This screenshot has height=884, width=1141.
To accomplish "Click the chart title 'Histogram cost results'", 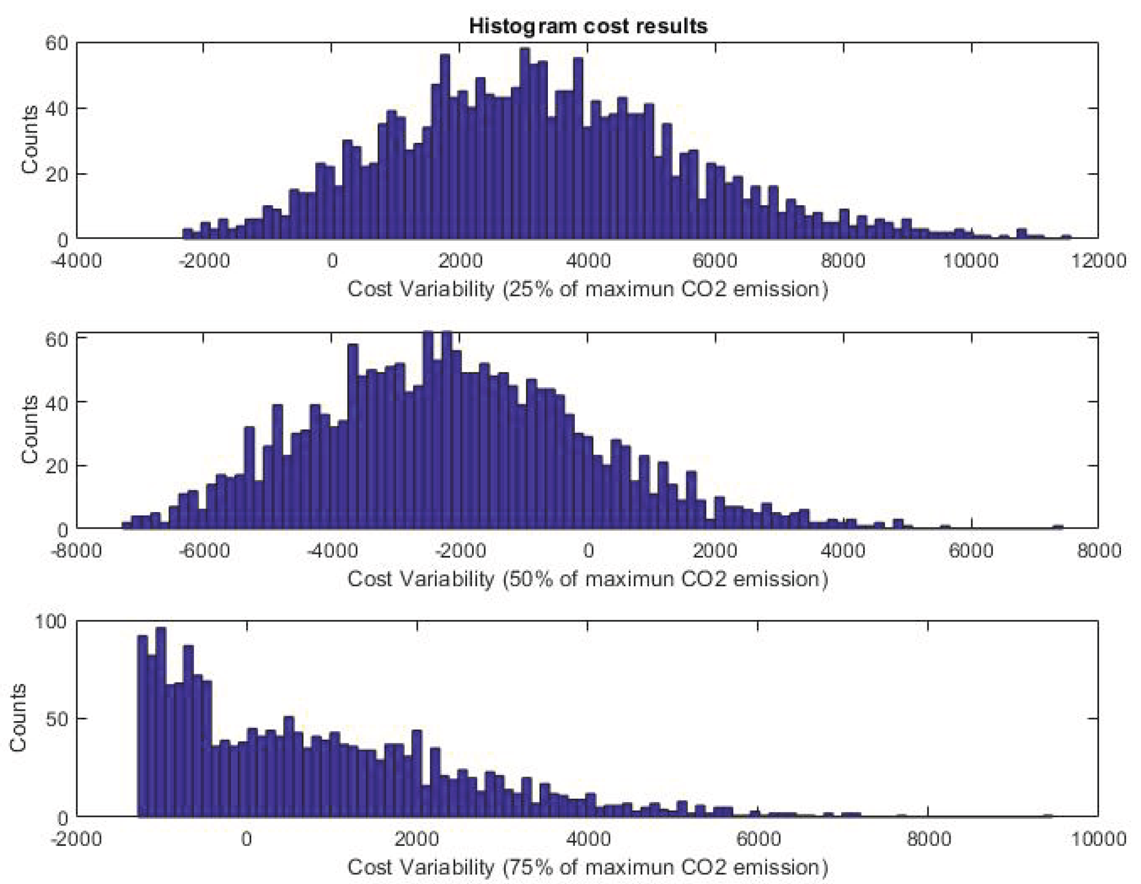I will tap(588, 26).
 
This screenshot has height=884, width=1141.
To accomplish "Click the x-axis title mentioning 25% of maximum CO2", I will tap(588, 289).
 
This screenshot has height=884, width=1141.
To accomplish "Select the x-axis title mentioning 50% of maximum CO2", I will tap(588, 579).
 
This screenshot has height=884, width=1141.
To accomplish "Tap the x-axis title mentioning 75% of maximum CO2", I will tap(588, 867).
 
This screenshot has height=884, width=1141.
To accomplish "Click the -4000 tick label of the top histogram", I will tap(77, 260).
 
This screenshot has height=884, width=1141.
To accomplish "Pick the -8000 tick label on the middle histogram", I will tap(77, 550).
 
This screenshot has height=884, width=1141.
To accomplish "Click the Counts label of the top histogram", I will tap(30, 140).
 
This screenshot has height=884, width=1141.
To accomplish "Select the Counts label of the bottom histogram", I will tap(18, 718).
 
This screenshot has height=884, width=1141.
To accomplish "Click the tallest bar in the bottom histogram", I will tap(161, 721).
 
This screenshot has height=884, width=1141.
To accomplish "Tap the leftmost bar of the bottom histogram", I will tap(142, 726).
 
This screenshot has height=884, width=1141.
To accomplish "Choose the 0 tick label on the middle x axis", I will tap(588, 550).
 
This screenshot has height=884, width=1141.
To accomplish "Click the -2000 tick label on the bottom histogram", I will tap(77, 839).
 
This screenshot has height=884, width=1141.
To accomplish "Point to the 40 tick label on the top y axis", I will tap(56, 108).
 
